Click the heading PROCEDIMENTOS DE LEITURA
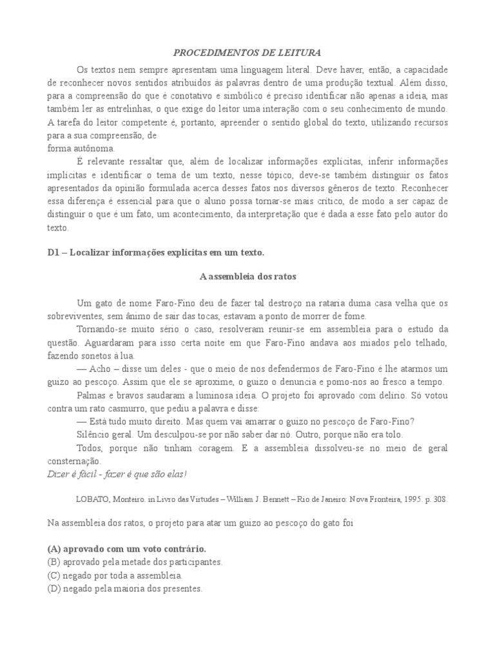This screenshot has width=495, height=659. tap(247, 51)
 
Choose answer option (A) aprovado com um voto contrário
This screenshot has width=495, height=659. tap(126, 549)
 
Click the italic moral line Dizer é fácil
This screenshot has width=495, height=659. tap(116, 474)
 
